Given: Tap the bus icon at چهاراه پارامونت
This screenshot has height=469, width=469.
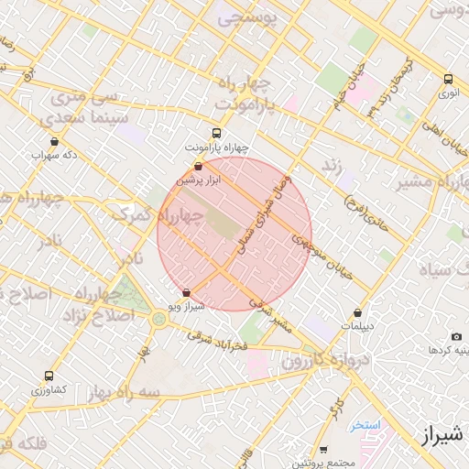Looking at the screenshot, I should pyautogui.click(x=216, y=132).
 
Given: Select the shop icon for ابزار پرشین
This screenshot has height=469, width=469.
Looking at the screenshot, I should pyautogui.click(x=200, y=167).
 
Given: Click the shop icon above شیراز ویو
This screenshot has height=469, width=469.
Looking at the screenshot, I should pyautogui.click(x=187, y=294).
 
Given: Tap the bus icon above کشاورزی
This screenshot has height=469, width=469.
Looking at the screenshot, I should pyautogui.click(x=49, y=376).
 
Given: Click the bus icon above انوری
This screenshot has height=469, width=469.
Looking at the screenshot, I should pyautogui.click(x=449, y=80).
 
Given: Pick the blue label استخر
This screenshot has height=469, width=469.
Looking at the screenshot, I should pyautogui.click(x=364, y=426).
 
